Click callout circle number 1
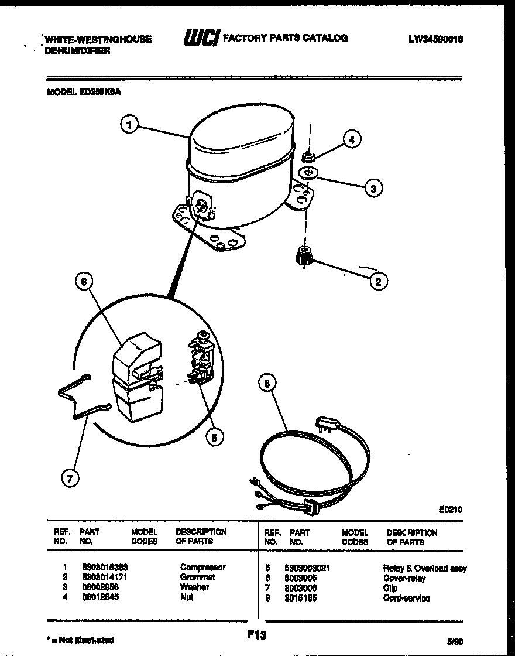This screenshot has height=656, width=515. click(x=130, y=125)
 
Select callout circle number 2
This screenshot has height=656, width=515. click(x=379, y=282)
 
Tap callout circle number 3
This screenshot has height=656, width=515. click(x=373, y=188)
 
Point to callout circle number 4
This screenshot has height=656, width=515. click(x=352, y=139)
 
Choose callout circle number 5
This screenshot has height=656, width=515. click(x=215, y=436)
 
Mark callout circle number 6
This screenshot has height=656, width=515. click(x=84, y=282)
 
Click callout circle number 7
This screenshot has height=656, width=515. click(x=70, y=479)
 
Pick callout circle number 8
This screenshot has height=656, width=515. click(x=267, y=384)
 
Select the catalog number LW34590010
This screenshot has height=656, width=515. click(x=436, y=39)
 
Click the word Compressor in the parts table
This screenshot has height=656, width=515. click(x=202, y=567)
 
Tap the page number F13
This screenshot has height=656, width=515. click(x=253, y=634)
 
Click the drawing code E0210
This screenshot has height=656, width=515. click(x=450, y=510)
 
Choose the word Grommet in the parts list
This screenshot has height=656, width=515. click(x=198, y=577)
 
